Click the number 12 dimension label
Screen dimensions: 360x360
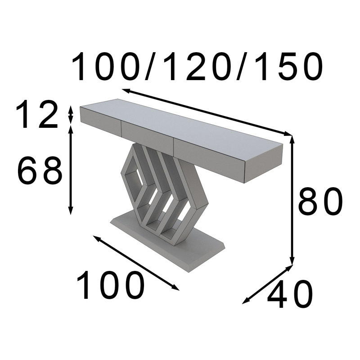pyautogui.click(x=37, y=114)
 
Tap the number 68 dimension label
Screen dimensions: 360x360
pyautogui.click(x=40, y=170)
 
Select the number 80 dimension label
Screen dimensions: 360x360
pyautogui.click(x=320, y=201)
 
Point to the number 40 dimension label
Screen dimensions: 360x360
pyautogui.click(x=290, y=294)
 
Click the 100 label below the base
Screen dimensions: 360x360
pyautogui.click(x=111, y=285)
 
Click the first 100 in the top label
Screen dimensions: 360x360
pyautogui.click(x=106, y=67)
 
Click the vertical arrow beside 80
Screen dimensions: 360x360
pyautogui.click(x=292, y=200)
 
